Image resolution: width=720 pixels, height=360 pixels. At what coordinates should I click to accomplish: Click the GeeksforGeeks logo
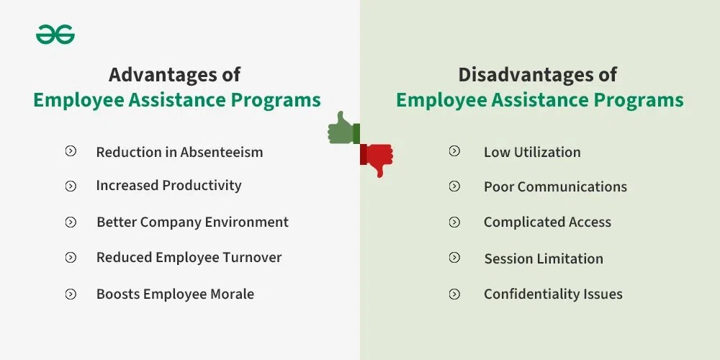55,34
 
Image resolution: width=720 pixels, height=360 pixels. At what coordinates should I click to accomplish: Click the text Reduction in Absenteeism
179,152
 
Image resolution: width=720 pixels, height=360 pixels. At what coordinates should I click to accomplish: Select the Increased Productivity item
168,186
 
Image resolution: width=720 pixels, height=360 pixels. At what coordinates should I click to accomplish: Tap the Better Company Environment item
192,222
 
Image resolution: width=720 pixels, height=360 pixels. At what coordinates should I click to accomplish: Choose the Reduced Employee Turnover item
189,257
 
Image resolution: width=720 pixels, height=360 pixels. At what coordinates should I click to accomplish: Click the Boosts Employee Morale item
175,294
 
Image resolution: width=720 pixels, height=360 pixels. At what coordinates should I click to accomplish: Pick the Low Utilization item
532,152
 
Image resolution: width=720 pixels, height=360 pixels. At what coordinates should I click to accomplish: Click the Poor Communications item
555,186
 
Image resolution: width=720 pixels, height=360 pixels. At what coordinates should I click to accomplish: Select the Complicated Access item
547,222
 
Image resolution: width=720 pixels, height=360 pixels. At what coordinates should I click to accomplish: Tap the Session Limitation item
544,258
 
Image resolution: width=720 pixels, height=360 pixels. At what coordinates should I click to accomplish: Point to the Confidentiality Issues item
553,294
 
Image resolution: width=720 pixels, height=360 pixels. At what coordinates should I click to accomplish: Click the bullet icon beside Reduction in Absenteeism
71,151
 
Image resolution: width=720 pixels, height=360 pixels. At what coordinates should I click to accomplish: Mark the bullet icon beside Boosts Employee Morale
71,294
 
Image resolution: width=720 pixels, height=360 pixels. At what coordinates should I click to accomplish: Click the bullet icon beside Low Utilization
454,151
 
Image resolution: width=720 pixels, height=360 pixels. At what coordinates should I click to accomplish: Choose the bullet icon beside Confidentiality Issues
454,294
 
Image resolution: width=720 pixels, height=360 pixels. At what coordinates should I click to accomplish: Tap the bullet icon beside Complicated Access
454,222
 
